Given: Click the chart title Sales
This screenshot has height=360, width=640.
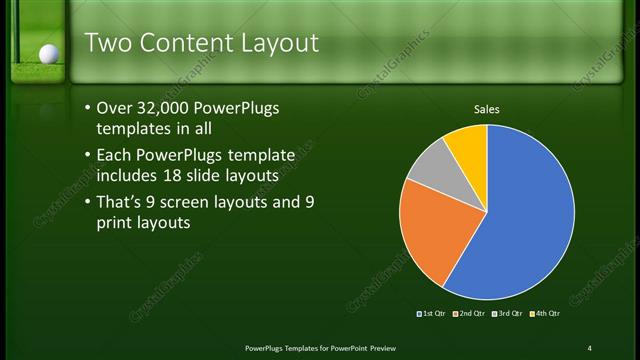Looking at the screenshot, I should (x=486, y=110).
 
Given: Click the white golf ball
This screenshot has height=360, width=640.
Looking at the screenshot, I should (x=46, y=53).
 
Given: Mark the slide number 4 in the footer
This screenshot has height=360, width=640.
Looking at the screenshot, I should (x=589, y=347).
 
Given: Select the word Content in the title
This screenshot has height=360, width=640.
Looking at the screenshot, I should (x=189, y=43).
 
